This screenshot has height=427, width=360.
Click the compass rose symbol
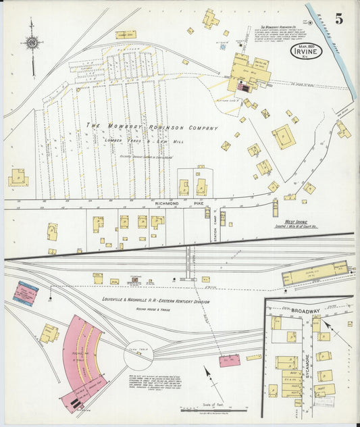click(x=32, y=43)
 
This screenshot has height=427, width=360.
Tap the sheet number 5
click(x=338, y=18)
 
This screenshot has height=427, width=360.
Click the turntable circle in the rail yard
click(x=138, y=353)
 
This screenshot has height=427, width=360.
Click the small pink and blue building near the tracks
click(x=26, y=293)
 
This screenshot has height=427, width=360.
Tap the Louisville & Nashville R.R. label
click(x=155, y=300)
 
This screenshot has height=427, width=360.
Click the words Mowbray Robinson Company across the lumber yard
click(x=151, y=126)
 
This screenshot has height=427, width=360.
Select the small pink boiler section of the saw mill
click(x=242, y=87)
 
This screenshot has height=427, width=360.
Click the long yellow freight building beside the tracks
click(x=314, y=272)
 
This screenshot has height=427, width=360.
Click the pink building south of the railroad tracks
click(x=229, y=360)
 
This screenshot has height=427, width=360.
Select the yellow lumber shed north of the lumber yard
click(x=125, y=34)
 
